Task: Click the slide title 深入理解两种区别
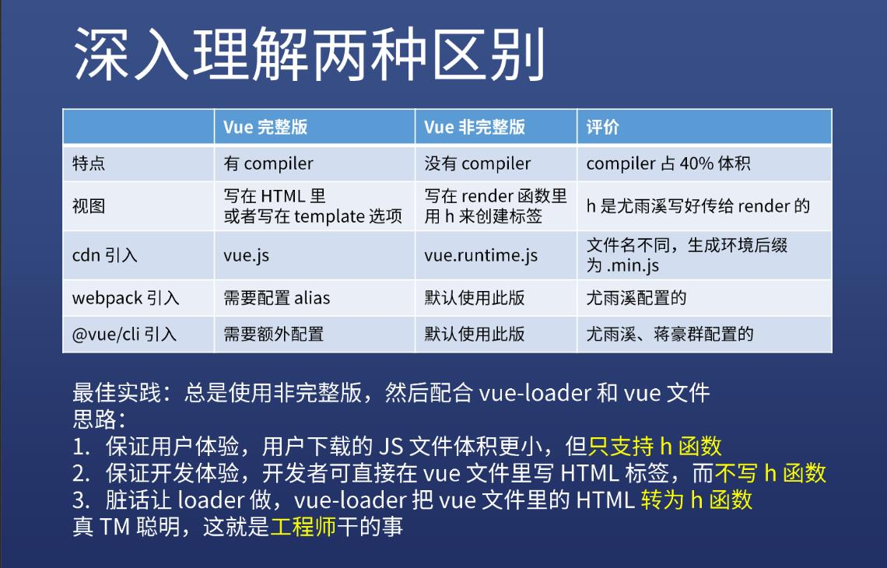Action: (310, 54)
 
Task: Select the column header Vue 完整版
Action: (265, 127)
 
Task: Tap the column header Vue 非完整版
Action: (475, 127)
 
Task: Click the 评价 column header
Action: (602, 127)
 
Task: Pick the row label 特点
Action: (89, 163)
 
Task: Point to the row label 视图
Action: (89, 206)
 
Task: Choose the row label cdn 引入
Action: (105, 255)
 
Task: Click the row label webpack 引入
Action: (125, 298)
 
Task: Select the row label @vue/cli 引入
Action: (124, 335)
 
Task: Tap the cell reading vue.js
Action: (246, 256)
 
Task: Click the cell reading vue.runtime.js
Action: (481, 256)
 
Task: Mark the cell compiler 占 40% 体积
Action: (668, 163)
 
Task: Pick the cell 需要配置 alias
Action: (277, 298)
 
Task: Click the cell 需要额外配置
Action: (274, 335)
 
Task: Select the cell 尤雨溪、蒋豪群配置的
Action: (670, 335)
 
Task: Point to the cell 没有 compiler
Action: (478, 163)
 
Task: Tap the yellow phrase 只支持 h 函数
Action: (655, 447)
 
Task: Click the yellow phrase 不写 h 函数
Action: (770, 473)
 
